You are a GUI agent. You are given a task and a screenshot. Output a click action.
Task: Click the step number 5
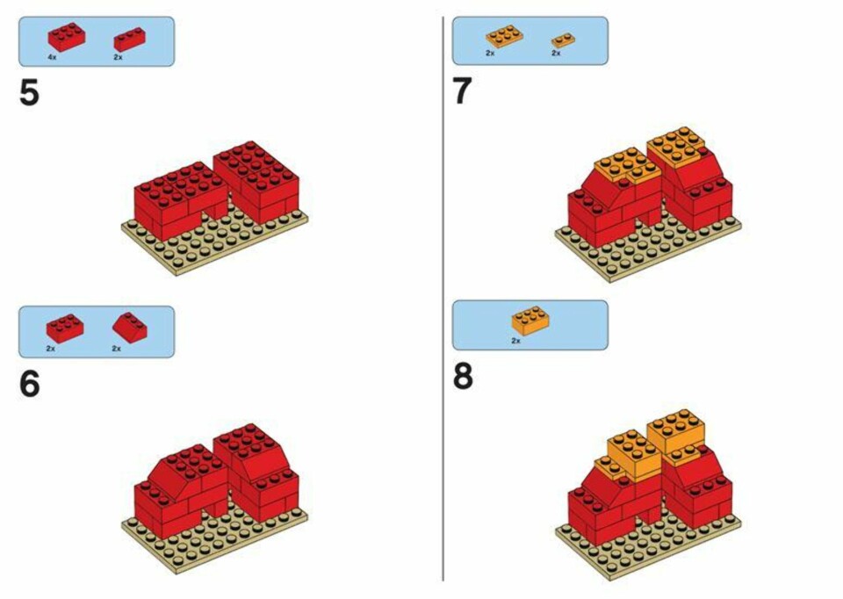[x=29, y=93]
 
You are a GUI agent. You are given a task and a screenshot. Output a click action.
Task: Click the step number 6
[x=30, y=384]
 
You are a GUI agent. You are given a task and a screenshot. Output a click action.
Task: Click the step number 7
[x=463, y=91]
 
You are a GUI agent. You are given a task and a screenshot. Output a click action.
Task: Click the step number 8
[x=463, y=377]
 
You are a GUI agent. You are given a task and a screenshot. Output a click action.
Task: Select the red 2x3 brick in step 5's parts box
[x=67, y=37]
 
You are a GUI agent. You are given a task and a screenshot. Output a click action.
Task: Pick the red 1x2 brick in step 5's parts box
[x=129, y=40]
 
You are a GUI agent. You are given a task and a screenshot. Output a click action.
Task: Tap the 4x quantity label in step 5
[x=52, y=57]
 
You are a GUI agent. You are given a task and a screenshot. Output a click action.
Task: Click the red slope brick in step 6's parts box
[x=130, y=328]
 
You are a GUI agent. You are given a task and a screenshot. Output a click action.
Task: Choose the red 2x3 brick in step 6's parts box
[x=65, y=328]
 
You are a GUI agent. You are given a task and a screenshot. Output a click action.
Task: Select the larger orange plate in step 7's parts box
[x=504, y=36]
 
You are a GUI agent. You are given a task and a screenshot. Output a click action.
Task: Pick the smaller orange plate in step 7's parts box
[x=563, y=40]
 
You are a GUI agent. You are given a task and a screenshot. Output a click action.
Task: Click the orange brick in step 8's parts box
[x=530, y=321]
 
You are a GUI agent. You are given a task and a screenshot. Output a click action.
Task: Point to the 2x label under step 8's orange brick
[x=515, y=341]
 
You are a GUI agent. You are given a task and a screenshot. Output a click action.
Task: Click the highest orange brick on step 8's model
[x=676, y=430]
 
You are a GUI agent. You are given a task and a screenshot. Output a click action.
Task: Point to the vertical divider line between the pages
[x=443, y=299]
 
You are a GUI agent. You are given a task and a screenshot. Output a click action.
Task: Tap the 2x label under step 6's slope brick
[x=117, y=349]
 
